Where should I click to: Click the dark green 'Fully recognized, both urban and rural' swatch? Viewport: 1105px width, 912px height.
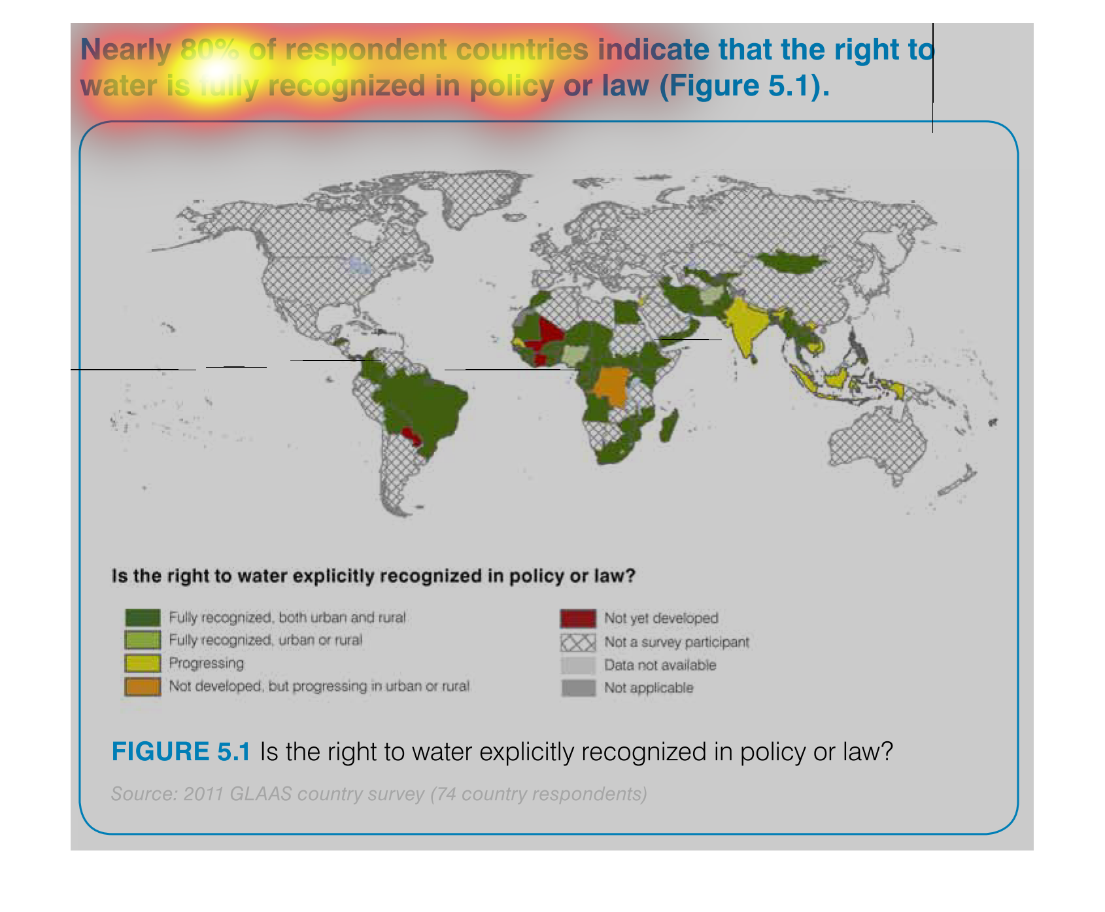point(143,618)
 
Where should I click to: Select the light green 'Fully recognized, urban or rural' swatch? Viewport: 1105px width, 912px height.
point(143,640)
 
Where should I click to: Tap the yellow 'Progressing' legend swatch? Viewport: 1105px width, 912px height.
point(143,663)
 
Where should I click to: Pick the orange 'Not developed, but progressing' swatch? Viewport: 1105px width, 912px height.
point(143,686)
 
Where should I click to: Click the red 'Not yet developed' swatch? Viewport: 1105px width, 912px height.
point(578,618)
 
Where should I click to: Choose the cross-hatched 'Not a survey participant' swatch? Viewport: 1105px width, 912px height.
point(578,642)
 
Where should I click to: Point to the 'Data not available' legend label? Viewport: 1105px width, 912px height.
point(660,665)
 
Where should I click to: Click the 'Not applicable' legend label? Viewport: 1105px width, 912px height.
point(649,688)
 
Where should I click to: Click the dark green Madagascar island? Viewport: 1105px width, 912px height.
point(668,426)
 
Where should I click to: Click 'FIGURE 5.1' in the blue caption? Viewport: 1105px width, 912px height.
point(181,752)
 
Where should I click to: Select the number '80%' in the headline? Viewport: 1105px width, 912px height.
point(210,50)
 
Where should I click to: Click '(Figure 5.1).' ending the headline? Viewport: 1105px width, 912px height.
point(745,86)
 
